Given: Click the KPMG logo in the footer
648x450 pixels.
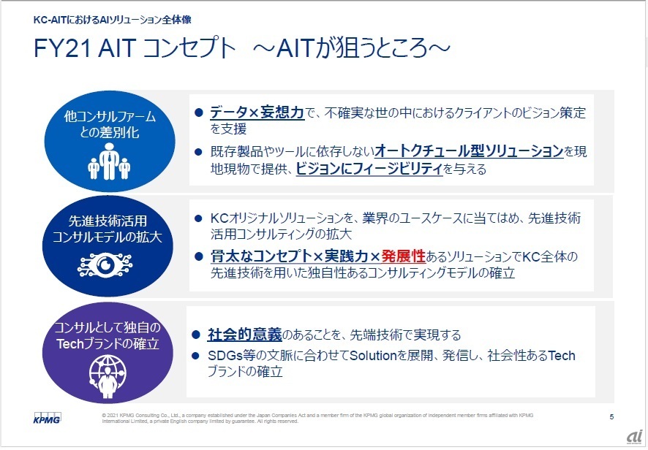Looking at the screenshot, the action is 47,418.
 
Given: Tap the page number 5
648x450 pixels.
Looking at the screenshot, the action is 611,416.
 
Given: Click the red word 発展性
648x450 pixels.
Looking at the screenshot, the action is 403,256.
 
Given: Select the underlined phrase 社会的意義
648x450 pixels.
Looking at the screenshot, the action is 245,335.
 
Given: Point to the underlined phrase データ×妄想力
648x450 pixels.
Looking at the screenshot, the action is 257,113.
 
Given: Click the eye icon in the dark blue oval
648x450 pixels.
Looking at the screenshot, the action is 105,265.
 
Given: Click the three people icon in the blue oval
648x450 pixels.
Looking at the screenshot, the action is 109,161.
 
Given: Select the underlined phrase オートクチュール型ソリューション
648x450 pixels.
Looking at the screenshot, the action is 469,151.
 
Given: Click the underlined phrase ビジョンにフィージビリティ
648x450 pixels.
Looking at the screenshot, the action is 369,169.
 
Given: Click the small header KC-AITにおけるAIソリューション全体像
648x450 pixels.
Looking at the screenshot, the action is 113,20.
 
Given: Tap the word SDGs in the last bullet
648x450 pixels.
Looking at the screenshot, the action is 225,356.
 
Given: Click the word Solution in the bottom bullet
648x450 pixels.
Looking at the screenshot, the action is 373,356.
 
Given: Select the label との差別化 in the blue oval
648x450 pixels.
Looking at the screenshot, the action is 109,132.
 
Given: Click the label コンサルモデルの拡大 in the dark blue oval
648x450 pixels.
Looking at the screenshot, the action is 107,237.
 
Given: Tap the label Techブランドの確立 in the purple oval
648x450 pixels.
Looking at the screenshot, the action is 108,343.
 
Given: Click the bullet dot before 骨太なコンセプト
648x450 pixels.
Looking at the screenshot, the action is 198,257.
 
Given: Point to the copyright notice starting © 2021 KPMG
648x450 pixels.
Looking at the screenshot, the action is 317,418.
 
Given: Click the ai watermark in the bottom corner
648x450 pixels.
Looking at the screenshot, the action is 634,436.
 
